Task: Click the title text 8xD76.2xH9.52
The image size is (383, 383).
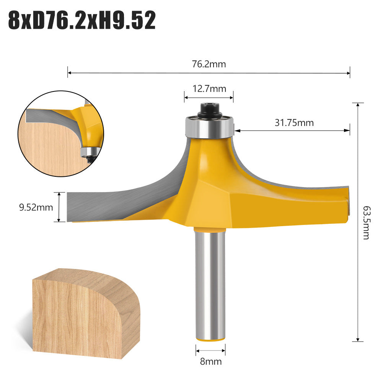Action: pos(81,21)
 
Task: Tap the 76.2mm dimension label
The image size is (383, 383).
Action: pos(209,64)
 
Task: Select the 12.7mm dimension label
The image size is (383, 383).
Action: pos(209,89)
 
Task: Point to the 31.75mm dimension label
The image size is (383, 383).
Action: pos(294,122)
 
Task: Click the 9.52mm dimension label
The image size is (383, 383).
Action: pos(36,207)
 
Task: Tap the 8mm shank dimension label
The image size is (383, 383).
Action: pos(210,361)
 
